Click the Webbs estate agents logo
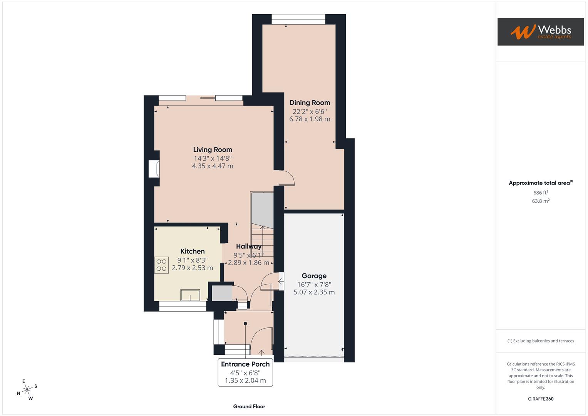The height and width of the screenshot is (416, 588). coord(540,32)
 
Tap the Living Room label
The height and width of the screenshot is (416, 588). coord(213,150)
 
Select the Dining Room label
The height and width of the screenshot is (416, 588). coord(310,102)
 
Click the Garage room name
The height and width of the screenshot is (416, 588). coord(314,276)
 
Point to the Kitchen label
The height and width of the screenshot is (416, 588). coord(193,252)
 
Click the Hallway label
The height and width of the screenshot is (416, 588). coord(248,247)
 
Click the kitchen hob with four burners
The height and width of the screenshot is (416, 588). coord(161,265)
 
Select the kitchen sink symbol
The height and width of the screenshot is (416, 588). coord(190,295)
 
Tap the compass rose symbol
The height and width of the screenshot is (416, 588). coord(27,390)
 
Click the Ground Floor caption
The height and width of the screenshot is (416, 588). coord(249,406)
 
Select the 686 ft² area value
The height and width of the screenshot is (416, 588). coord(541,193)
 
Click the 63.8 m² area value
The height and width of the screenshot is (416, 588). coord(541,201)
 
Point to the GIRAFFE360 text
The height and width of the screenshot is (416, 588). coord(541,399)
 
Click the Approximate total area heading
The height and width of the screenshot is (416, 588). coord(540,183)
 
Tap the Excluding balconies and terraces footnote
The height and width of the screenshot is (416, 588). coord(541,341)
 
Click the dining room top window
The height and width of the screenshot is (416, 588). coord(298,19)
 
